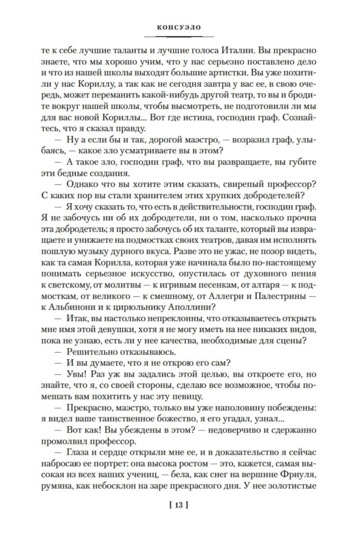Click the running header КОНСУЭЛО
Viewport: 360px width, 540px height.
pos(180,25)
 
